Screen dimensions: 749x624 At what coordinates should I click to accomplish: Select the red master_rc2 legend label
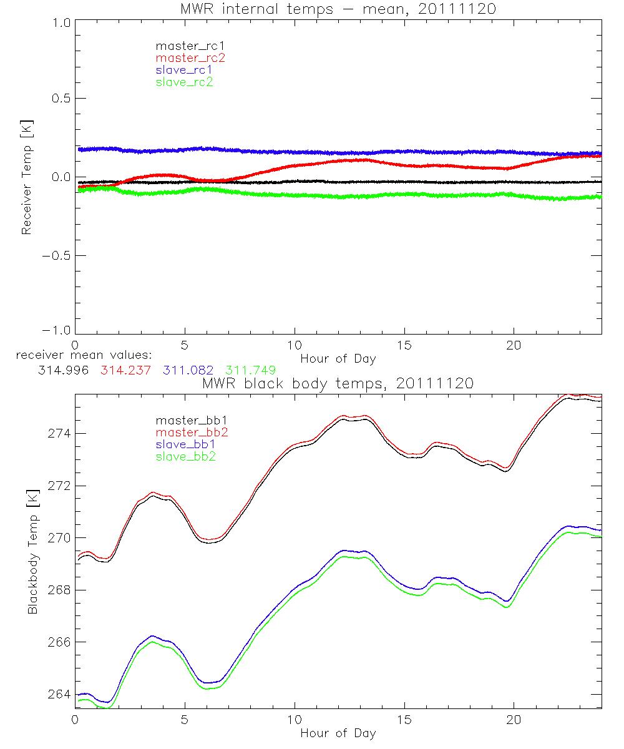[x=190, y=57]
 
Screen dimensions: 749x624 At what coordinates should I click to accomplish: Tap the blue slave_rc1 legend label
[x=184, y=69]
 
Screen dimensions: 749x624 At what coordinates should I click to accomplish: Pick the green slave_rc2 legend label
[x=184, y=82]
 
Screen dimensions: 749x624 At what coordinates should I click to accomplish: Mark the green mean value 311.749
[x=250, y=370]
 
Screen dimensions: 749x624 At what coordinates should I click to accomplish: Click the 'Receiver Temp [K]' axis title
[x=26, y=177]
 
